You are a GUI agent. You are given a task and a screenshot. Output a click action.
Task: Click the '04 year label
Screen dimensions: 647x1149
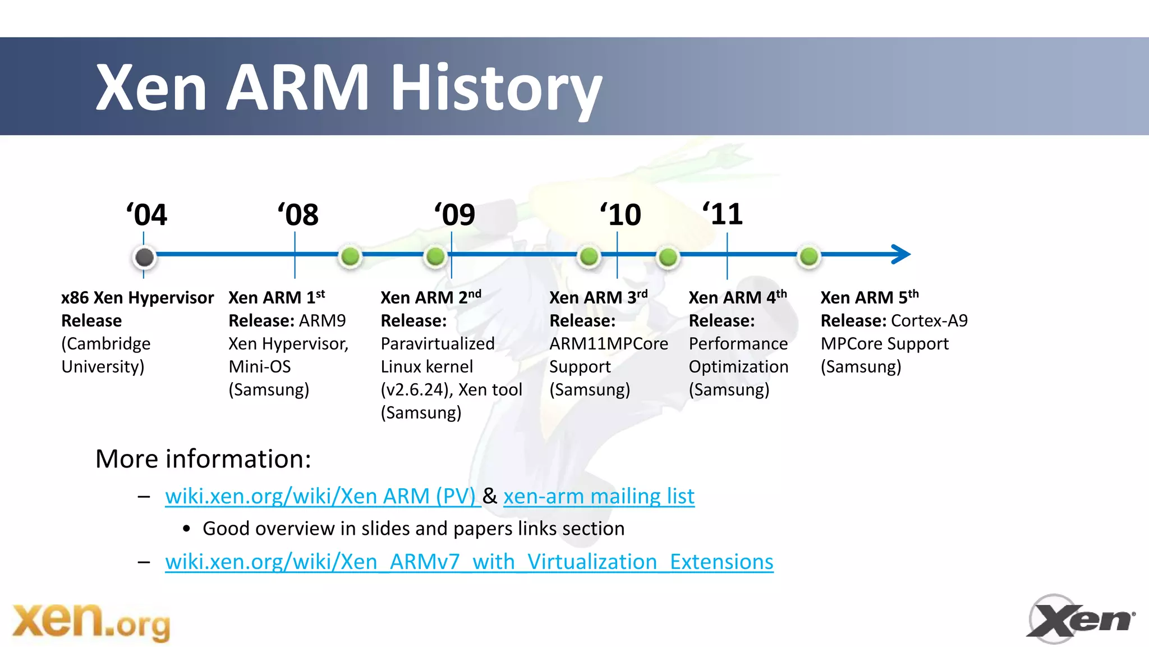(146, 215)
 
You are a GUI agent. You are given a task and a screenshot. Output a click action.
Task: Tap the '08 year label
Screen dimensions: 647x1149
(298, 215)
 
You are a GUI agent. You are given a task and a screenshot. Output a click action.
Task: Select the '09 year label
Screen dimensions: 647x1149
(455, 215)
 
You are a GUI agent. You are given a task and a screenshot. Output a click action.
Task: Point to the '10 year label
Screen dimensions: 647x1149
(621, 215)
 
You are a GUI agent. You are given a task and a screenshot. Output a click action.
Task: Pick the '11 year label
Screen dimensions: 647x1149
(723, 214)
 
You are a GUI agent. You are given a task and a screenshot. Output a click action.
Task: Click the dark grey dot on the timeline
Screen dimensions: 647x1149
(144, 257)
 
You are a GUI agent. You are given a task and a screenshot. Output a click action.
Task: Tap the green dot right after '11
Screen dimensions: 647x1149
(808, 256)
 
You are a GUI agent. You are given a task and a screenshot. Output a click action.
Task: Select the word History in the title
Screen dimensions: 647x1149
(496, 89)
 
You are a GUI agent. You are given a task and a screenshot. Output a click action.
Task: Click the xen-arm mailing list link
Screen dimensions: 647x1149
(599, 496)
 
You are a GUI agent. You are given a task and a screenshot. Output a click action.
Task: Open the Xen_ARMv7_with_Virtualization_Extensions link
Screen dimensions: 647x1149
(469, 562)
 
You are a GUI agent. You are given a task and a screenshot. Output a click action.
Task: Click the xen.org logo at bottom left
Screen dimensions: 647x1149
(91, 622)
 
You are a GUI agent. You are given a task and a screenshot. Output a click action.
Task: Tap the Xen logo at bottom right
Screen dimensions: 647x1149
(1080, 619)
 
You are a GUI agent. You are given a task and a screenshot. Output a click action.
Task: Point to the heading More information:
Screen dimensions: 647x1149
(203, 459)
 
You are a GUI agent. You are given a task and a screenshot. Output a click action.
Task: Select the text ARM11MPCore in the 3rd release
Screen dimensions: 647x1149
(609, 343)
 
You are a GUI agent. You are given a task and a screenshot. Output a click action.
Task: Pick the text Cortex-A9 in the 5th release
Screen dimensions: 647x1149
(929, 320)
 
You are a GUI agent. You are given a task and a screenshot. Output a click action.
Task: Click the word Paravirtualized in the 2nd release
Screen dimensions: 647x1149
(438, 343)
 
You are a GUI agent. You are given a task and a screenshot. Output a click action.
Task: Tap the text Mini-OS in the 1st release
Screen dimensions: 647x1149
(260, 366)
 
